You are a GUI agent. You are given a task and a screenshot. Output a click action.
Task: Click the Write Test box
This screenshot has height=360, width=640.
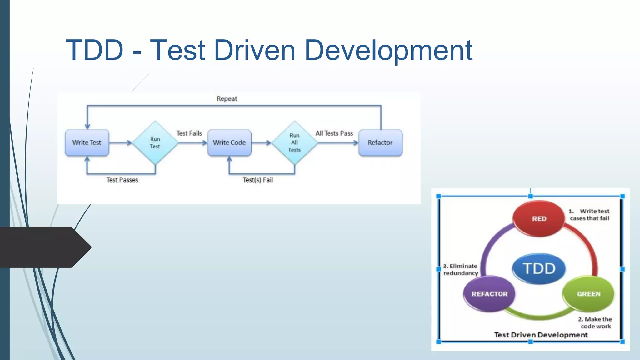[87, 142]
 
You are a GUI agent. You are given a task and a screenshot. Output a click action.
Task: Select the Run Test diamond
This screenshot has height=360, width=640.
[155, 143]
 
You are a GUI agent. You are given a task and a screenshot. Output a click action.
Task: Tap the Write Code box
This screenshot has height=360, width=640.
[229, 142]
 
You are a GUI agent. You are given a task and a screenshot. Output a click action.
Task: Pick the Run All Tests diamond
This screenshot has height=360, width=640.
[294, 143]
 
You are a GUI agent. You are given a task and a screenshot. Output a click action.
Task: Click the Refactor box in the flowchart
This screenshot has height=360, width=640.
[380, 142]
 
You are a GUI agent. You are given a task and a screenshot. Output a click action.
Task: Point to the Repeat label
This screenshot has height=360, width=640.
[227, 99]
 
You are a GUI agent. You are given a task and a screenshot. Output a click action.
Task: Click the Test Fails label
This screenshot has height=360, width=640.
[189, 133]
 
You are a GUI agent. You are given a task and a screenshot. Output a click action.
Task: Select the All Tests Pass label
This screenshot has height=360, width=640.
[334, 133]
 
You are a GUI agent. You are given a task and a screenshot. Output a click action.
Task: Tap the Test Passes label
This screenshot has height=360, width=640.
[122, 180]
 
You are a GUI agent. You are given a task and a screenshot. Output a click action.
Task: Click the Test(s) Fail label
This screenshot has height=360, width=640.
[258, 180]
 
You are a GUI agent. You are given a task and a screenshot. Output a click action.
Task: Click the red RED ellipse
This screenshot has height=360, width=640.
[539, 219]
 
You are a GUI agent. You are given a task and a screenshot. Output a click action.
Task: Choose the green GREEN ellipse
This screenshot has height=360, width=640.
[588, 294]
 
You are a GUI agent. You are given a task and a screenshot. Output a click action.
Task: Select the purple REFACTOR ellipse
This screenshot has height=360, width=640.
[489, 294]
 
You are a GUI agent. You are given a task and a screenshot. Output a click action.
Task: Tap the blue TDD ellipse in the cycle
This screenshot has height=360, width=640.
[539, 269]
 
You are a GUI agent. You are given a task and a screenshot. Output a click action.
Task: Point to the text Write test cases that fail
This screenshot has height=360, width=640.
[590, 215]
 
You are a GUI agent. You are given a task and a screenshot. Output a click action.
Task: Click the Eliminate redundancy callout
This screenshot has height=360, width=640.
[461, 269]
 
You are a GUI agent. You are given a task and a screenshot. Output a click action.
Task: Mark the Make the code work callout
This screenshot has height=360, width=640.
[595, 322]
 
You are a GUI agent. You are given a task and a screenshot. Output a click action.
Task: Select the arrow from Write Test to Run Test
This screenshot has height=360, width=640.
[121, 143]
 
